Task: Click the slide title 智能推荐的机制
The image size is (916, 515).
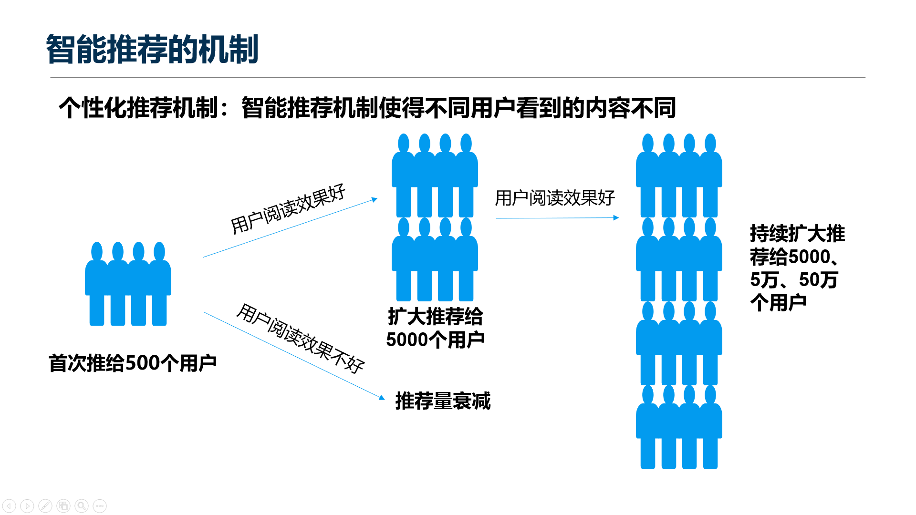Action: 152,50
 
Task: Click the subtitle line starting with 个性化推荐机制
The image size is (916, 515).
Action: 366,108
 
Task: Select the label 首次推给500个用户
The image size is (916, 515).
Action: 133,363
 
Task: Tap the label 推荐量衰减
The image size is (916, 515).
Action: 443,401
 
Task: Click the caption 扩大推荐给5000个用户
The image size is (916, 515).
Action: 435,328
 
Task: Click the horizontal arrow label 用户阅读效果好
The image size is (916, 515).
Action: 554,198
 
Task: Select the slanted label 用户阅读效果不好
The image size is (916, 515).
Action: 300,338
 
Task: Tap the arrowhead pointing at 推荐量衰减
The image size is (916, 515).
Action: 382,397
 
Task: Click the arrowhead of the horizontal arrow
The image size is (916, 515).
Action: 616,218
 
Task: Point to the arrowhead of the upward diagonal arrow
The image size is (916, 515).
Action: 375,200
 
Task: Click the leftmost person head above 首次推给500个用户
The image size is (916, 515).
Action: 97,251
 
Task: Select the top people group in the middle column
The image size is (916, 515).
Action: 435,175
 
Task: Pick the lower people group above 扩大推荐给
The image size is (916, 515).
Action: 435,259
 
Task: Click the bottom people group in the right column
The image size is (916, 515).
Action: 678,427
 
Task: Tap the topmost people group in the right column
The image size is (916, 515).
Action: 678,175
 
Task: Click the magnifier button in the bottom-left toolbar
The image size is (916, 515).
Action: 82,505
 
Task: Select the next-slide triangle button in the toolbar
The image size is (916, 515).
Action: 27,505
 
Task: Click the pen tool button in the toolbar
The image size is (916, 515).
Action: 45,505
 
